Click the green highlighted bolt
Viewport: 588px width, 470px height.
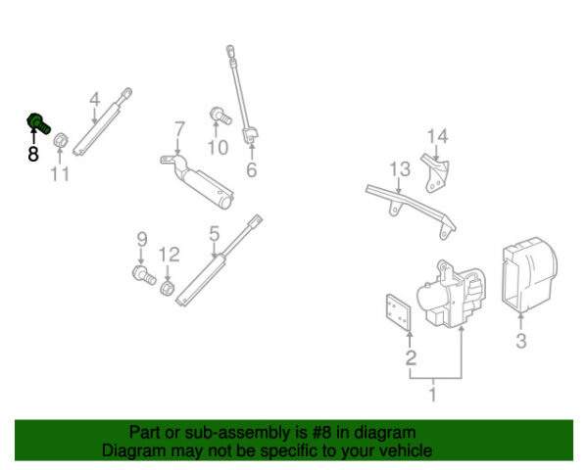click(36, 122)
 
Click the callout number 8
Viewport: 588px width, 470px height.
click(33, 154)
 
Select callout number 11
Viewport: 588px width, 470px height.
click(61, 174)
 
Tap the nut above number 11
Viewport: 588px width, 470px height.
click(59, 140)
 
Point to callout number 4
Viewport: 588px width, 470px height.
click(95, 99)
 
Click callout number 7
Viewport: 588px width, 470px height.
click(179, 129)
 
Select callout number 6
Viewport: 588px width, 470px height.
click(251, 170)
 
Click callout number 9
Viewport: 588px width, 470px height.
click(141, 239)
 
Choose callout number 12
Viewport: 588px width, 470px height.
click(170, 255)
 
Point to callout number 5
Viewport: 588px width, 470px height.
click(214, 233)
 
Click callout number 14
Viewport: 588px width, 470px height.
click(437, 136)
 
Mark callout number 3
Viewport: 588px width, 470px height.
click(521, 341)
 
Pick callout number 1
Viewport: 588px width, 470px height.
click(430, 395)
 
